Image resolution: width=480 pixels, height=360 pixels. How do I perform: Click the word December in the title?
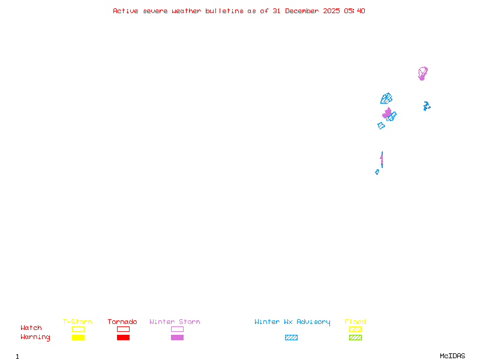[x=302, y=11]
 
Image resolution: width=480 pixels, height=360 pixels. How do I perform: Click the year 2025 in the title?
[x=331, y=11]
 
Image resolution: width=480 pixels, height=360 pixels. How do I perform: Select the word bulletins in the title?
[x=224, y=11]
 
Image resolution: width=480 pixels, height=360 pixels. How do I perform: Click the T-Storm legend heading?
[x=77, y=322]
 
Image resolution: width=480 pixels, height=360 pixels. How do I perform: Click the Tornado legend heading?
[x=122, y=322]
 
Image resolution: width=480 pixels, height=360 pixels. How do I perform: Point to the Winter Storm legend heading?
[x=175, y=322]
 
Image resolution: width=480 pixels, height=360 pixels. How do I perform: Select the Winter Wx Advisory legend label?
[x=292, y=322]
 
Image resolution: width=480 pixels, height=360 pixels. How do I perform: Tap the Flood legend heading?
[x=355, y=322]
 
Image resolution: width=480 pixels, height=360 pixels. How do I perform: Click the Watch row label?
[x=31, y=328]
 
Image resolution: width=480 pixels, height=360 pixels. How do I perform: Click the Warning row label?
[x=35, y=337]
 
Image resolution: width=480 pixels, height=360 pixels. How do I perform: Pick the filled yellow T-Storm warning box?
[x=79, y=338]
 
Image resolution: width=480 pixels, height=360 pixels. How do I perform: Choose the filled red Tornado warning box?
[x=124, y=338]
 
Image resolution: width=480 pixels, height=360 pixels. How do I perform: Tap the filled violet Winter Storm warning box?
[x=177, y=338]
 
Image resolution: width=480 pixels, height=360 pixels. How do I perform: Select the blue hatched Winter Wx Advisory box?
[x=291, y=338]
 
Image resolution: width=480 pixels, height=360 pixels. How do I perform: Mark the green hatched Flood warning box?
[x=355, y=338]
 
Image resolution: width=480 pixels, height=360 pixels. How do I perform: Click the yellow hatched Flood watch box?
[x=355, y=329]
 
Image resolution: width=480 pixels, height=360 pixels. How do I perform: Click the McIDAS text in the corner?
[x=452, y=356]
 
